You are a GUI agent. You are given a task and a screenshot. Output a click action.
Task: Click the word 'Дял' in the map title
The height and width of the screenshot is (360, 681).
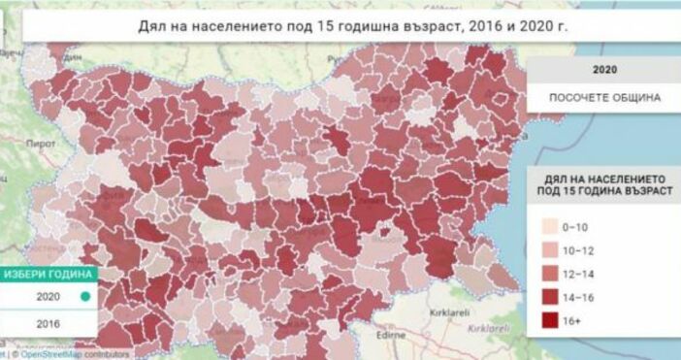click(x=154, y=24)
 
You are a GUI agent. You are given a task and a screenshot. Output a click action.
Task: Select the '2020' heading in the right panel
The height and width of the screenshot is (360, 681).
click(x=604, y=70)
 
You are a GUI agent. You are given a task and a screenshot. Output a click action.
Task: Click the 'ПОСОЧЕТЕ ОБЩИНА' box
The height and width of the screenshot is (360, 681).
click(x=604, y=98)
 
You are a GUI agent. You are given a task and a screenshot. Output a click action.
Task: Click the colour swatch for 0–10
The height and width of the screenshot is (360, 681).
click(x=551, y=227)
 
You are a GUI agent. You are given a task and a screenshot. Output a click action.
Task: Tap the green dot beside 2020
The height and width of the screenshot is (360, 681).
click(x=85, y=297)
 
